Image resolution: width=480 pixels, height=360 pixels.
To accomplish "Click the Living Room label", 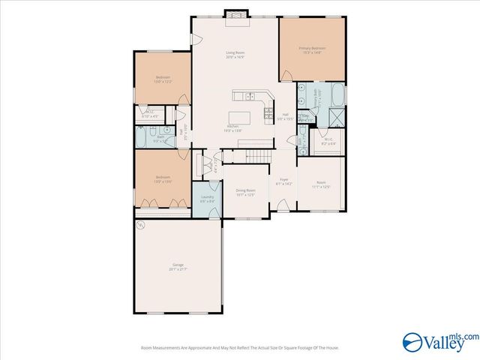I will pos(235,55).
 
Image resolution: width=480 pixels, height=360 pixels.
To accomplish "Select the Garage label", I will pos(178,266).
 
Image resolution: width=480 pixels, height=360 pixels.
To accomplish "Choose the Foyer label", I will pos(284,181).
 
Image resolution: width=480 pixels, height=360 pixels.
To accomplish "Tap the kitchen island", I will pos(241,118).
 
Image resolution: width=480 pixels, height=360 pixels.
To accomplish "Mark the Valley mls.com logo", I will pos(439,340).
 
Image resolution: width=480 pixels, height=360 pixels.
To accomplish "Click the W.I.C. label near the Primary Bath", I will pos(328,140).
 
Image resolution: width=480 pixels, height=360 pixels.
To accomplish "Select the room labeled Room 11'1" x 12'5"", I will pos(321,184).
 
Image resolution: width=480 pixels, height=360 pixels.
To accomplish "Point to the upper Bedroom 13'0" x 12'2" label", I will pos(163,79).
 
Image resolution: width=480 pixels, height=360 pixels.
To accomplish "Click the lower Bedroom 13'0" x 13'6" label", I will pos(163,179).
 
